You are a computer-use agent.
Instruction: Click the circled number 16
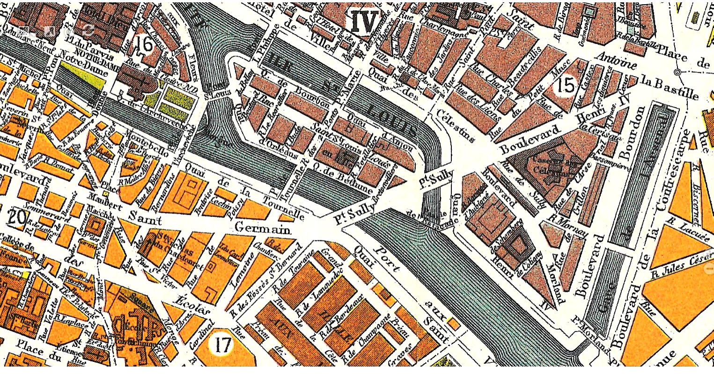(145, 44)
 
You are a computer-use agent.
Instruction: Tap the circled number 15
(566, 86)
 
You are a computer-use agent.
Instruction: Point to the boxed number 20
(16, 217)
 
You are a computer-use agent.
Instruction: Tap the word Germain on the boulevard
(262, 229)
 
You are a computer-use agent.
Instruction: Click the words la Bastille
(670, 87)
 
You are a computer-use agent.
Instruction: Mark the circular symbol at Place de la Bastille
(677, 72)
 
